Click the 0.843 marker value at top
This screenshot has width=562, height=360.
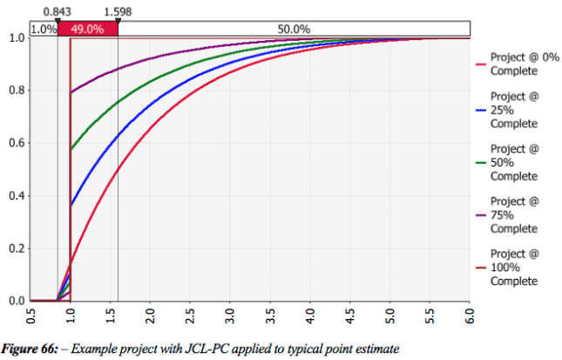(57, 11)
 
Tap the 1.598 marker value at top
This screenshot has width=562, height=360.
(117, 11)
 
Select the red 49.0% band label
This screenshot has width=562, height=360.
(87, 29)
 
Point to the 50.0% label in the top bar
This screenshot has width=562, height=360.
(294, 29)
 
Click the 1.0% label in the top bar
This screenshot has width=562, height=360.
(44, 29)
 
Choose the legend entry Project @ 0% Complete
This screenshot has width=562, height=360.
(513, 64)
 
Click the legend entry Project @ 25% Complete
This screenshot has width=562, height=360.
(513, 111)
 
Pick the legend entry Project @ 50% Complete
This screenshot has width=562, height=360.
(513, 162)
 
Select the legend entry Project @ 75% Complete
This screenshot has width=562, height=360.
(513, 214)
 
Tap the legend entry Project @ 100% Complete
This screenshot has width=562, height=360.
(513, 267)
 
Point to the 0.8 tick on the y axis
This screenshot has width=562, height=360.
(16, 91)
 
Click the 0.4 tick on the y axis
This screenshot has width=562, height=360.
(16, 196)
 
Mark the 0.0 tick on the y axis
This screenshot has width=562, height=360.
(16, 301)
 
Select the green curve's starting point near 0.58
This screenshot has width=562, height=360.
(71, 149)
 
